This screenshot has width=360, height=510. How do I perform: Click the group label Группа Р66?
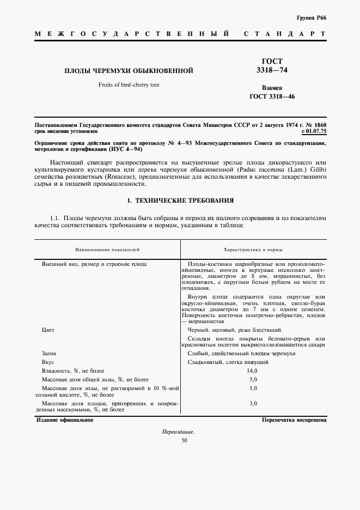coord(312,18)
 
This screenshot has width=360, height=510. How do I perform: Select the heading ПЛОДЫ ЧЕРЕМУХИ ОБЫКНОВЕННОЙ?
coord(130,71)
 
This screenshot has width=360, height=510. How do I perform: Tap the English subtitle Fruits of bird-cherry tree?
coord(129,84)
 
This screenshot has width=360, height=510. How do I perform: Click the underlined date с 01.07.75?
coord(313,132)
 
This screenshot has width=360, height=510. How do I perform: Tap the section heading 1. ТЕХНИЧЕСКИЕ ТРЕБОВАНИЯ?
coord(180,201)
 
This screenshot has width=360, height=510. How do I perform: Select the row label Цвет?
coord(48,330)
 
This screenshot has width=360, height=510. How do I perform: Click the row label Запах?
coord(50,354)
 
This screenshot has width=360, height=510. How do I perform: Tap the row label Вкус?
coord(48,362)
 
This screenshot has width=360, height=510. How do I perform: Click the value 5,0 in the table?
coord(253,379)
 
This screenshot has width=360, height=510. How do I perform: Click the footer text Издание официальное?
coord(65,420)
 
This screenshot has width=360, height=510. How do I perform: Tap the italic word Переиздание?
coord(178,432)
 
